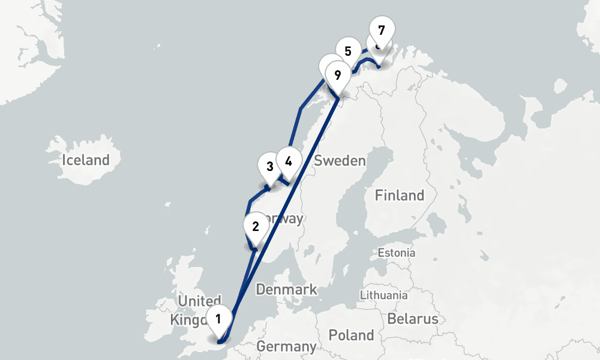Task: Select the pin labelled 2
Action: [x=256, y=227]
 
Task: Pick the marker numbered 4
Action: [x=289, y=161]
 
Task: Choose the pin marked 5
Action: [x=347, y=51]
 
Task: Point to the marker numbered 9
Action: [x=337, y=76]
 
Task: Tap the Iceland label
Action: [x=86, y=160]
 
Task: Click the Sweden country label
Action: [x=340, y=160]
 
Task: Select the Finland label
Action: [x=399, y=195]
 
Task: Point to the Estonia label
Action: [x=396, y=253]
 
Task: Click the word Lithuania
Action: [x=383, y=295]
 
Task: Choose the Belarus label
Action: [x=413, y=319]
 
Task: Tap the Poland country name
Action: [x=352, y=335]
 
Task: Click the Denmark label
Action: [x=286, y=290]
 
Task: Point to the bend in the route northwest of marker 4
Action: [x=301, y=109]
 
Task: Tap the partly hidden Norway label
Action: [x=287, y=218]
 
